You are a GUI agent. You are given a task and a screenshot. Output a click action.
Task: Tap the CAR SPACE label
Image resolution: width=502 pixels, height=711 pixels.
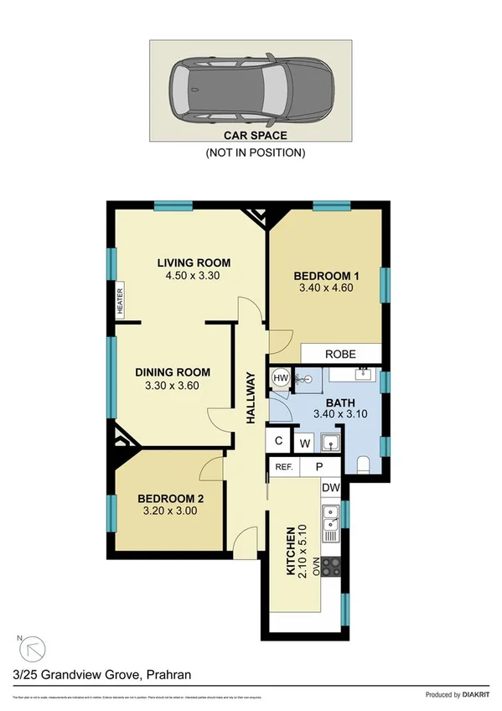click(x=255, y=134)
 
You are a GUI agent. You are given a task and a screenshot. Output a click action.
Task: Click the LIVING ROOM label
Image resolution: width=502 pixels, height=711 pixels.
click(x=194, y=262)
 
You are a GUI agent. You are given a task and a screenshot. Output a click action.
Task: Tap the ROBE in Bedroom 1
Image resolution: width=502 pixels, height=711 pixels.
click(x=341, y=354)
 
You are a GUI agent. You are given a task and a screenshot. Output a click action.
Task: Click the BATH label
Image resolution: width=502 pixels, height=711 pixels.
click(x=340, y=401)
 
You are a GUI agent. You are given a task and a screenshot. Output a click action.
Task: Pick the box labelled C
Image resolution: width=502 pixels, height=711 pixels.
click(x=277, y=440)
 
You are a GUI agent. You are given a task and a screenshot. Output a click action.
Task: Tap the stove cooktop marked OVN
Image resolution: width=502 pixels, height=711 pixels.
click(x=331, y=569)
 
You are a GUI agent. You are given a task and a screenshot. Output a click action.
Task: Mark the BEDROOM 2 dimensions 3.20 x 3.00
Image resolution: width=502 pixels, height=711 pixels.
click(x=170, y=509)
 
